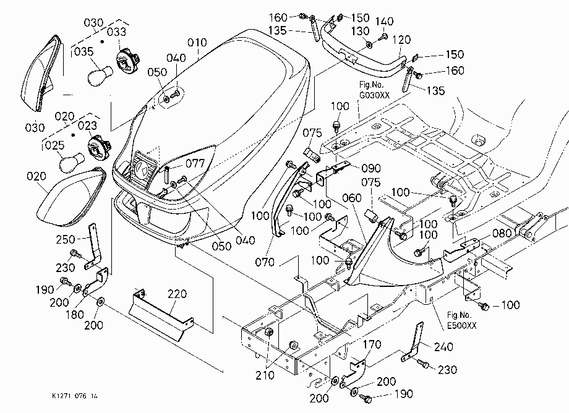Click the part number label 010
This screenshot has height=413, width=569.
197,43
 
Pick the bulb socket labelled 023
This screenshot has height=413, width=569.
99,148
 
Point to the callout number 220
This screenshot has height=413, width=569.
177,294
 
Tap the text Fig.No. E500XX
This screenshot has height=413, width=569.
461,320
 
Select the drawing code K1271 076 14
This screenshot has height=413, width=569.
75,396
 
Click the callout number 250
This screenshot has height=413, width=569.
66,239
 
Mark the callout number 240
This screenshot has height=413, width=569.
443,347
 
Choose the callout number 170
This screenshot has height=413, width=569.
372,344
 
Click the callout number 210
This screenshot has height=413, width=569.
265,375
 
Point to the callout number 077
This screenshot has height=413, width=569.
195,164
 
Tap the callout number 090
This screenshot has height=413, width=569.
371,168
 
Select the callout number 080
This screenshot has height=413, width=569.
502,233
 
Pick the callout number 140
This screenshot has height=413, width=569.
384,22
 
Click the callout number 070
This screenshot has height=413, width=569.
265,262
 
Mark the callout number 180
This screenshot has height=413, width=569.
74,314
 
